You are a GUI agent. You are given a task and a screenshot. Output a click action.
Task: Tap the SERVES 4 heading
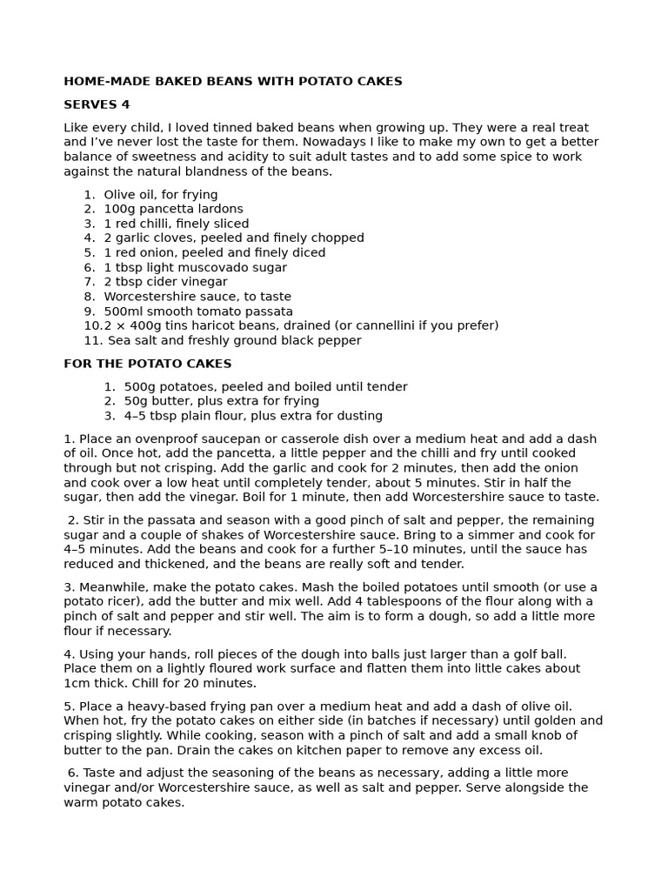[97, 104]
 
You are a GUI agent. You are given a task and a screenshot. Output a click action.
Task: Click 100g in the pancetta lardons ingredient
[120, 209]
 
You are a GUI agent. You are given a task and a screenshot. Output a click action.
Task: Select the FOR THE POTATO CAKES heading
[147, 364]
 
